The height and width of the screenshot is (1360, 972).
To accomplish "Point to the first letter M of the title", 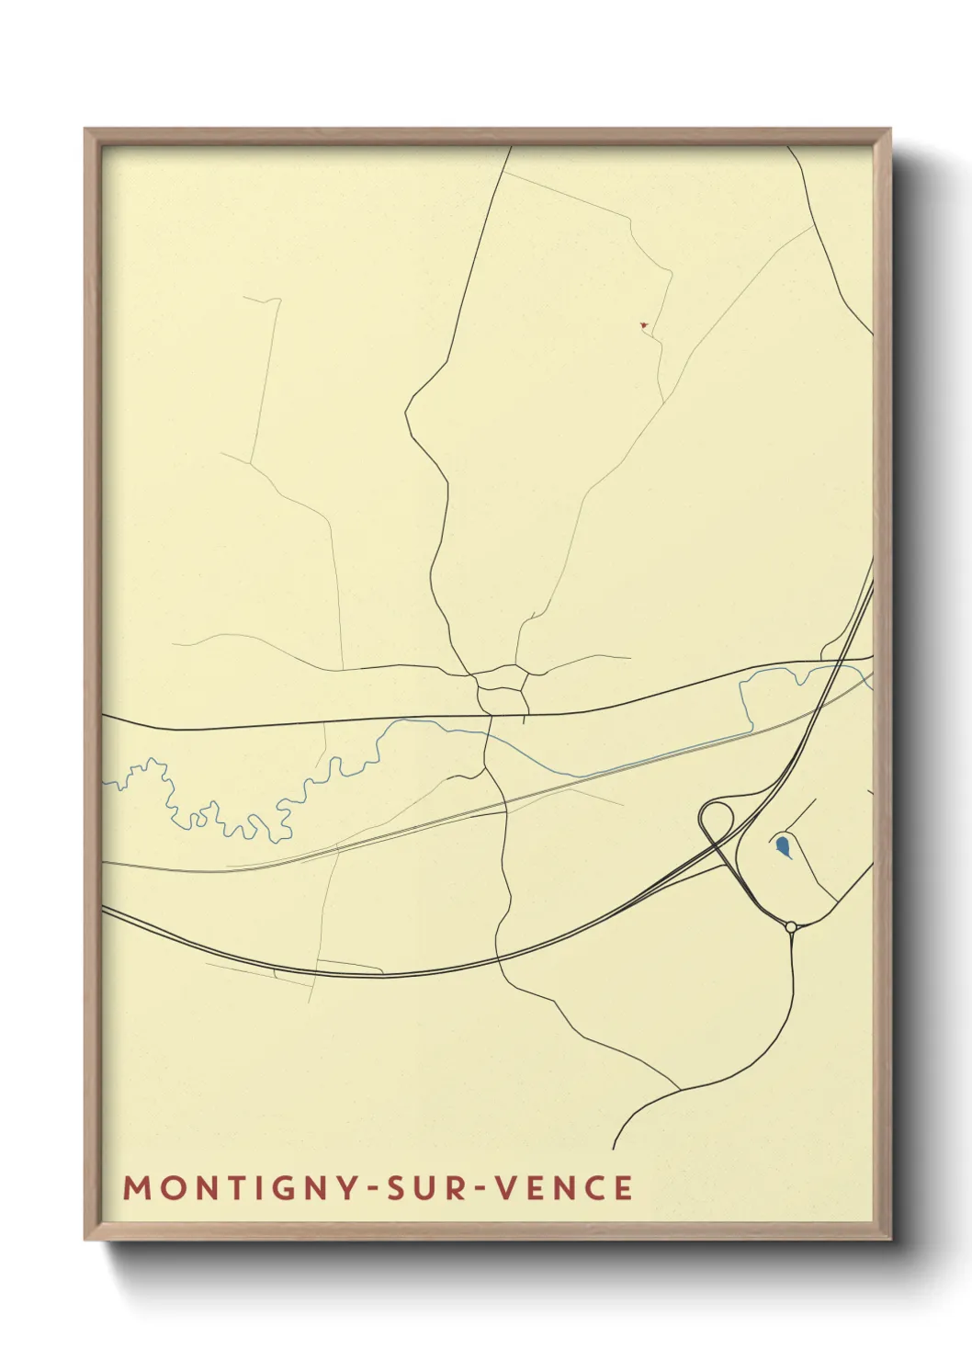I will pyautogui.click(x=136, y=1188).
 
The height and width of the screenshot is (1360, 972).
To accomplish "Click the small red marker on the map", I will pyautogui.click(x=644, y=324).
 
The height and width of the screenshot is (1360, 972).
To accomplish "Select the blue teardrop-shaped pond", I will pyautogui.click(x=781, y=844).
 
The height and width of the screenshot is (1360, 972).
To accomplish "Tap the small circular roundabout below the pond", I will pyautogui.click(x=791, y=927).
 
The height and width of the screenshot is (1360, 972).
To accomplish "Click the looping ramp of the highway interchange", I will pyautogui.click(x=716, y=816).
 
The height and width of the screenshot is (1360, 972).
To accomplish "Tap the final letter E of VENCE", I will pyautogui.click(x=624, y=1188).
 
